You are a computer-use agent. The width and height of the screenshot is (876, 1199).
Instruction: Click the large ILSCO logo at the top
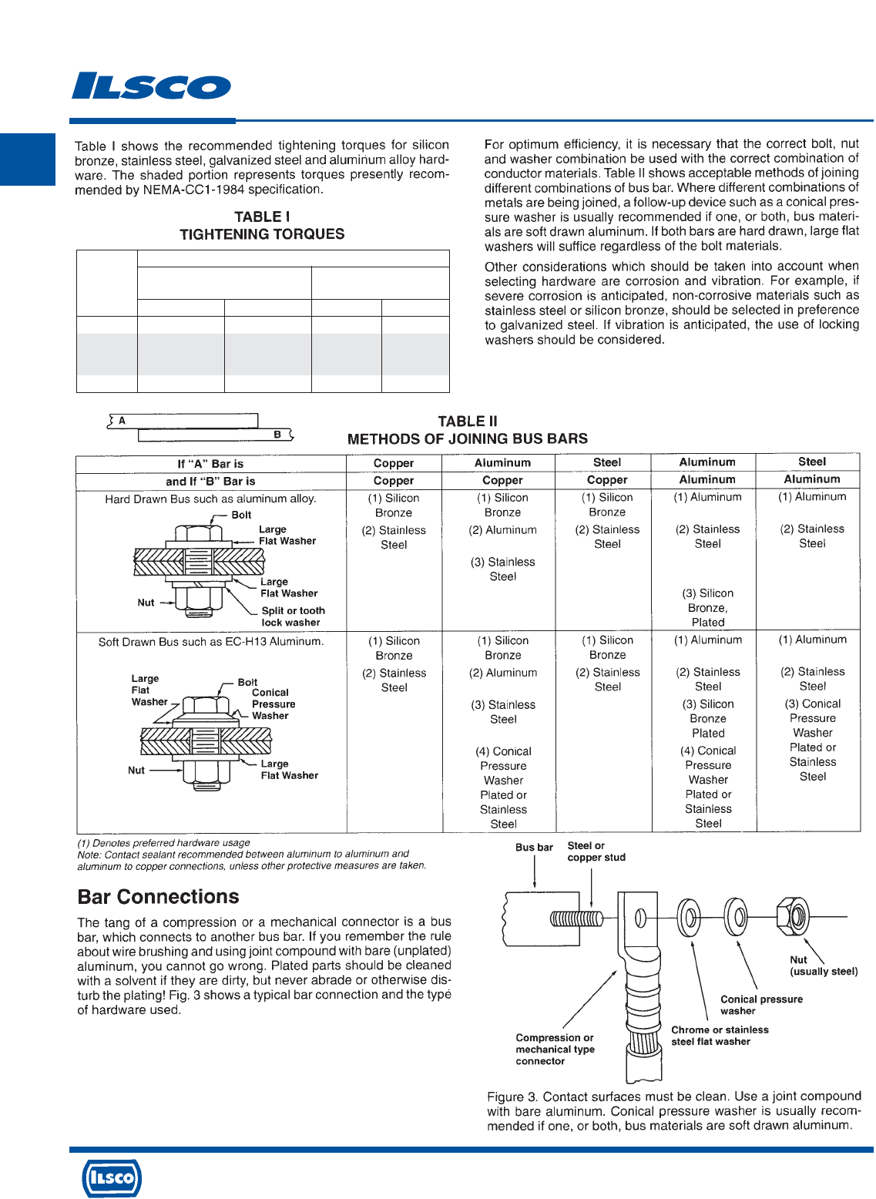pos(151,86)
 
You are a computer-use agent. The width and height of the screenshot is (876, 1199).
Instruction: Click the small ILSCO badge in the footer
pos(112,1177)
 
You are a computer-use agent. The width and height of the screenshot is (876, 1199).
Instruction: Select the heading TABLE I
pos(262,217)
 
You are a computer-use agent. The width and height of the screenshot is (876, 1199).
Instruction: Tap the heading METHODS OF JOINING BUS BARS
pos(467,439)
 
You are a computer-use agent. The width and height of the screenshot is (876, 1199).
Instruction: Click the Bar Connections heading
pos(158,897)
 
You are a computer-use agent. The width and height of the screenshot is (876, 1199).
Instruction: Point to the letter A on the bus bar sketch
pos(122,421)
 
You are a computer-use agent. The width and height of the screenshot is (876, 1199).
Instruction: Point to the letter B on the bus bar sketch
pos(277,435)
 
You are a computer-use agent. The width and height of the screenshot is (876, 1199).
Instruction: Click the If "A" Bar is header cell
pos(210,464)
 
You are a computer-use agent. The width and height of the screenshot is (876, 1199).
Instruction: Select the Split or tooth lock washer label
pos(293,616)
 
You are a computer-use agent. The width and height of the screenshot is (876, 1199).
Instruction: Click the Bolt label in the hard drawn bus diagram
pos(241,515)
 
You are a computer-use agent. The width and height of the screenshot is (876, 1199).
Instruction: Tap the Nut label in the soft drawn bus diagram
pos(136,770)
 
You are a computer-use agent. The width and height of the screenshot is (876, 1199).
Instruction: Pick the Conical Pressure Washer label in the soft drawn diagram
pos(274,704)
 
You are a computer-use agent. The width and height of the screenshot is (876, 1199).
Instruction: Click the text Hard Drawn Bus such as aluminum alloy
pos(210,499)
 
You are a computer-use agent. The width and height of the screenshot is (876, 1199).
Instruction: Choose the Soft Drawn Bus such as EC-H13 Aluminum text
pos(211,641)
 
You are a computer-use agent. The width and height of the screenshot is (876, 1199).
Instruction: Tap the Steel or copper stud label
pos(596,851)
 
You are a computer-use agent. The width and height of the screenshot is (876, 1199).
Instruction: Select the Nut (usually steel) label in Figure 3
pos(823,966)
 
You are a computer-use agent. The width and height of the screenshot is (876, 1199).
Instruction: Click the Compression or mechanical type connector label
pos(555,1050)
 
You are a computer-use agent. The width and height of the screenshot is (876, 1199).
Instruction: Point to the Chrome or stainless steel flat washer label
pos(720,1036)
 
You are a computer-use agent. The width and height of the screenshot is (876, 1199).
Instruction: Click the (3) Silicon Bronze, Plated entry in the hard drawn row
pos(707,608)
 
